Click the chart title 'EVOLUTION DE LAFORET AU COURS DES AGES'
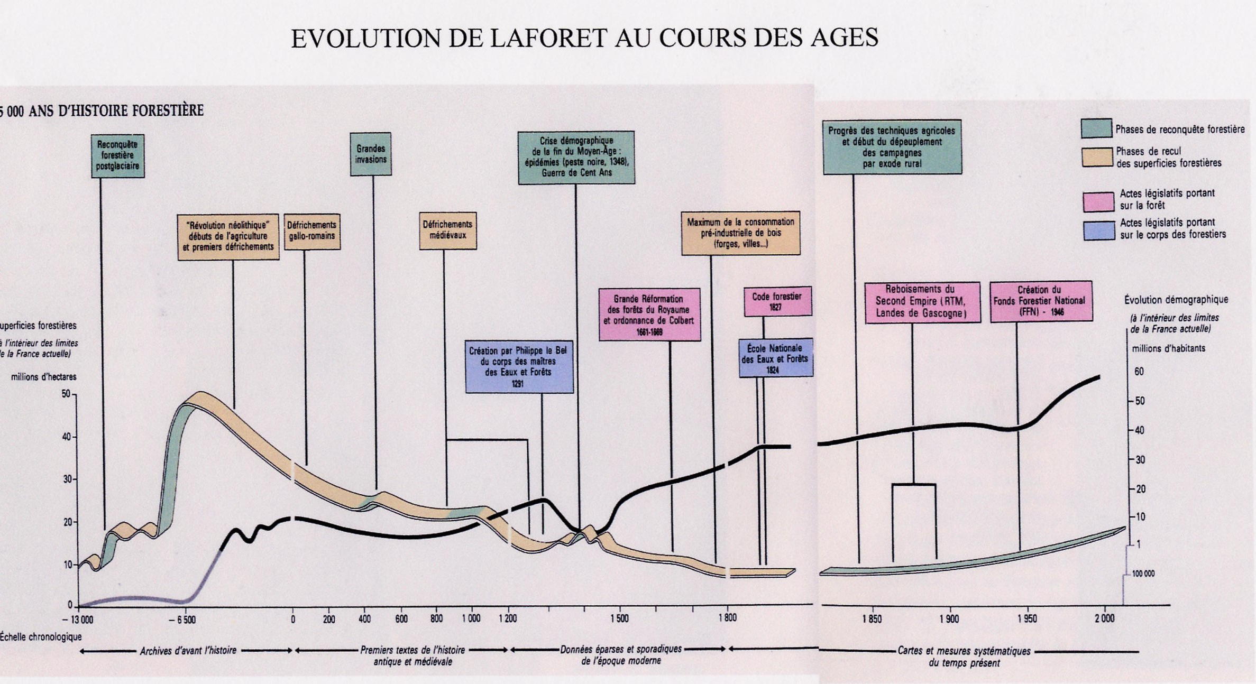click(584, 38)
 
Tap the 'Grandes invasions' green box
click(371, 154)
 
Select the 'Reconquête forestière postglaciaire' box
click(117, 155)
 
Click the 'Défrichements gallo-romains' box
click(311, 231)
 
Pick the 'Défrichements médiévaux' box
click(447, 230)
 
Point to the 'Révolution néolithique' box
click(228, 236)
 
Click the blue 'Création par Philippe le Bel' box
click(518, 366)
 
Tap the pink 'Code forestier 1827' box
click(777, 301)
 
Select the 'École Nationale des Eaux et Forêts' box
click(775, 358)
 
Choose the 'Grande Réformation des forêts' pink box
click(649, 315)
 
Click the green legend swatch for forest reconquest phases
click(1096, 128)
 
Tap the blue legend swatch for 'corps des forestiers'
click(1098, 230)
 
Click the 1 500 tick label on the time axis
click(619, 618)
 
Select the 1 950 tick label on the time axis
click(1028, 618)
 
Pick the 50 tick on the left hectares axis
click(66, 394)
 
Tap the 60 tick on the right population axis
click(1139, 372)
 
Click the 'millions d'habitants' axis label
click(1168, 348)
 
